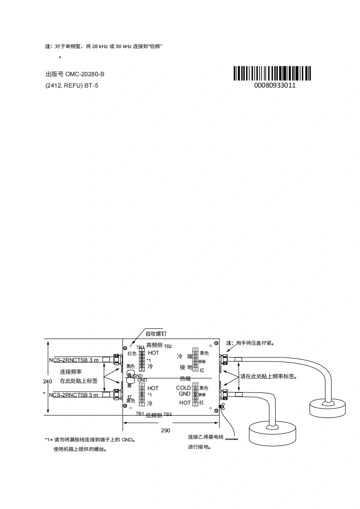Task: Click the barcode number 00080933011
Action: coord(275,85)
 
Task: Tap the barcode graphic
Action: coord(273,73)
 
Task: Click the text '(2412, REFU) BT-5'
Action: coord(72,85)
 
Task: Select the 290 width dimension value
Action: coord(165,430)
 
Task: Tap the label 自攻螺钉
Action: coord(156,333)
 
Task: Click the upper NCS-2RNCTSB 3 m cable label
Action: coord(74,360)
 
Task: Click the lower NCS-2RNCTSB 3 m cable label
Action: coord(74,395)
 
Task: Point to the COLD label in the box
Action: coord(183,388)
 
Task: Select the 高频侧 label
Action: coord(154,346)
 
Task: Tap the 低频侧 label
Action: coord(154,415)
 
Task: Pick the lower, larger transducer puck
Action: coord(273,432)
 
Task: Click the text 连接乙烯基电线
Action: coord(206,437)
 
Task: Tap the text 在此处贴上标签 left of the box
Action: coord(79,381)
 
